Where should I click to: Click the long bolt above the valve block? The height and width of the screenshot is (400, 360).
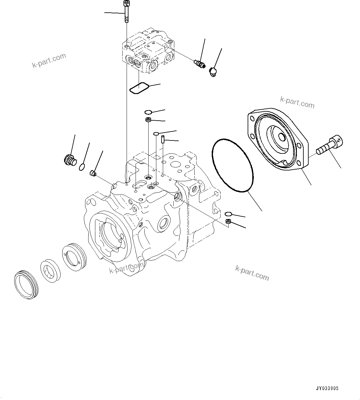pyautogui.click(x=126, y=12)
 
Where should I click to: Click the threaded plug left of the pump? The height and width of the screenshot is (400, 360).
pyautogui.click(x=70, y=160)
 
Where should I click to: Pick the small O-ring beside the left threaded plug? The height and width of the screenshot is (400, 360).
pyautogui.click(x=82, y=167)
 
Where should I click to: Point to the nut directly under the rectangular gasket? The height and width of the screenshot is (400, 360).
pyautogui.click(x=148, y=120)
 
